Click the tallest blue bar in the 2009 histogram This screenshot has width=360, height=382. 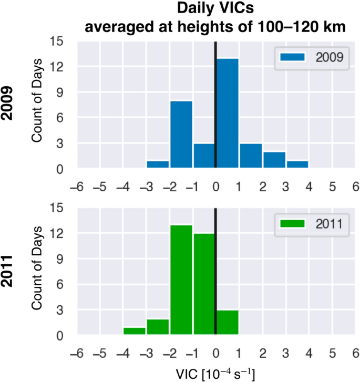click(x=227, y=113)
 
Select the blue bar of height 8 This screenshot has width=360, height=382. click(x=181, y=134)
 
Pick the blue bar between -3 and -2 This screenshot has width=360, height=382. click(x=158, y=164)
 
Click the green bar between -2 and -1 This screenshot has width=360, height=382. click(x=181, y=281)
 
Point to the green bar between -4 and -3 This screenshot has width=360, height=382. click(x=135, y=331)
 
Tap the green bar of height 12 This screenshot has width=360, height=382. click(x=204, y=284)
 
